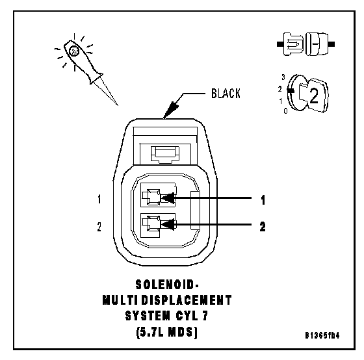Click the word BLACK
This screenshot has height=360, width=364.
(226, 94)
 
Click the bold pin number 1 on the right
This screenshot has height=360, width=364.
(263, 200)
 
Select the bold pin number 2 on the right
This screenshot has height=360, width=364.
(263, 227)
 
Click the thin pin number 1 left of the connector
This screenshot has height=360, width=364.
(99, 199)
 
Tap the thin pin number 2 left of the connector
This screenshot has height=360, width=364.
(99, 227)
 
